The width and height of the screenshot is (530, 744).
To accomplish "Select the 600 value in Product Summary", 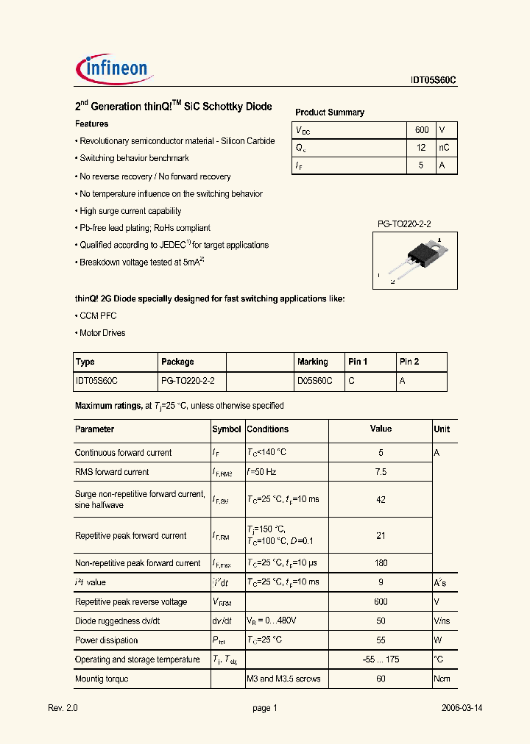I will coord(422,130).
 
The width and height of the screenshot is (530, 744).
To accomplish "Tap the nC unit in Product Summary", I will coord(444,148).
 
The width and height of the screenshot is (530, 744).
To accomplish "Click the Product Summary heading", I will coord(330,112).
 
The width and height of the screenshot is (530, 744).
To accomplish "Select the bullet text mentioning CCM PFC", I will coord(98,315).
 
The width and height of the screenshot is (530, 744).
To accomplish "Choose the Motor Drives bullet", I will coord(102,333).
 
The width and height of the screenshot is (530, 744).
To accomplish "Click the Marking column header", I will coord(313,362).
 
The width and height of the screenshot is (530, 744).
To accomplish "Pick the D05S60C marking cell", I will coord(314,381).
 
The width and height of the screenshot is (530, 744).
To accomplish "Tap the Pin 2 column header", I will coord(409,362).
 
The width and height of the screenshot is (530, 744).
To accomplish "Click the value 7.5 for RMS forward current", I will coord(381,472).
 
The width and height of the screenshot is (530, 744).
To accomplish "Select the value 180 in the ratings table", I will coord(381,563).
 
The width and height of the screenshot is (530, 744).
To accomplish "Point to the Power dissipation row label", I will coord(106,640).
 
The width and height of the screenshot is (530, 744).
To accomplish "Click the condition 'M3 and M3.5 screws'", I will coord(283,679).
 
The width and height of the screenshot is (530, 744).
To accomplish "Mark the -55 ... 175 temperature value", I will coord(381,659).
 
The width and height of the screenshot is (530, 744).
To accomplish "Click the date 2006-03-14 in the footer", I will coord(462,708).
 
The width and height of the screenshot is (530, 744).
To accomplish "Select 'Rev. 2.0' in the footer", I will coord(63,708).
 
